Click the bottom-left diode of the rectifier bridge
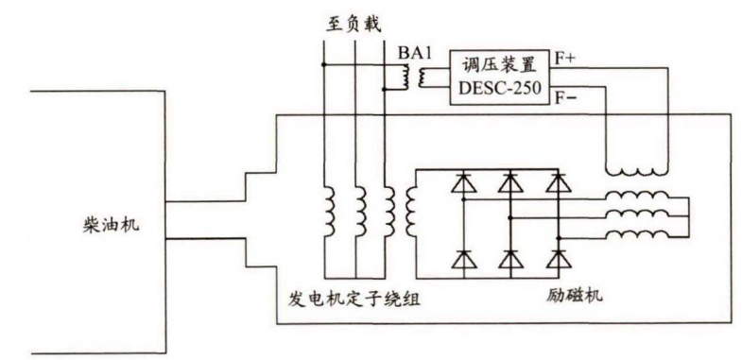[463, 256]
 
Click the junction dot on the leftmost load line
[323, 65]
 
